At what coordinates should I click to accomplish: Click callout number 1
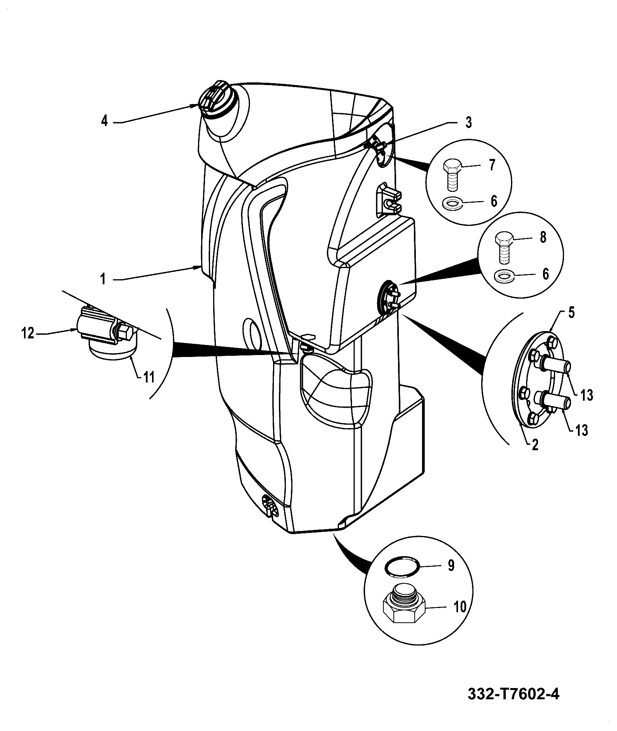(x=103, y=279)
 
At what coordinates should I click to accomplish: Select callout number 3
(x=468, y=123)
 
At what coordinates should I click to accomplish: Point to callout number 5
(x=571, y=313)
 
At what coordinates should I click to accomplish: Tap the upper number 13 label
(x=586, y=395)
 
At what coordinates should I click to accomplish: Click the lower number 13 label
(x=581, y=430)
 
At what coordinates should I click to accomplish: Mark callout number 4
(x=104, y=121)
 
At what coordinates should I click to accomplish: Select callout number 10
(x=460, y=607)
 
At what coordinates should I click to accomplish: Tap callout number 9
(x=451, y=565)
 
